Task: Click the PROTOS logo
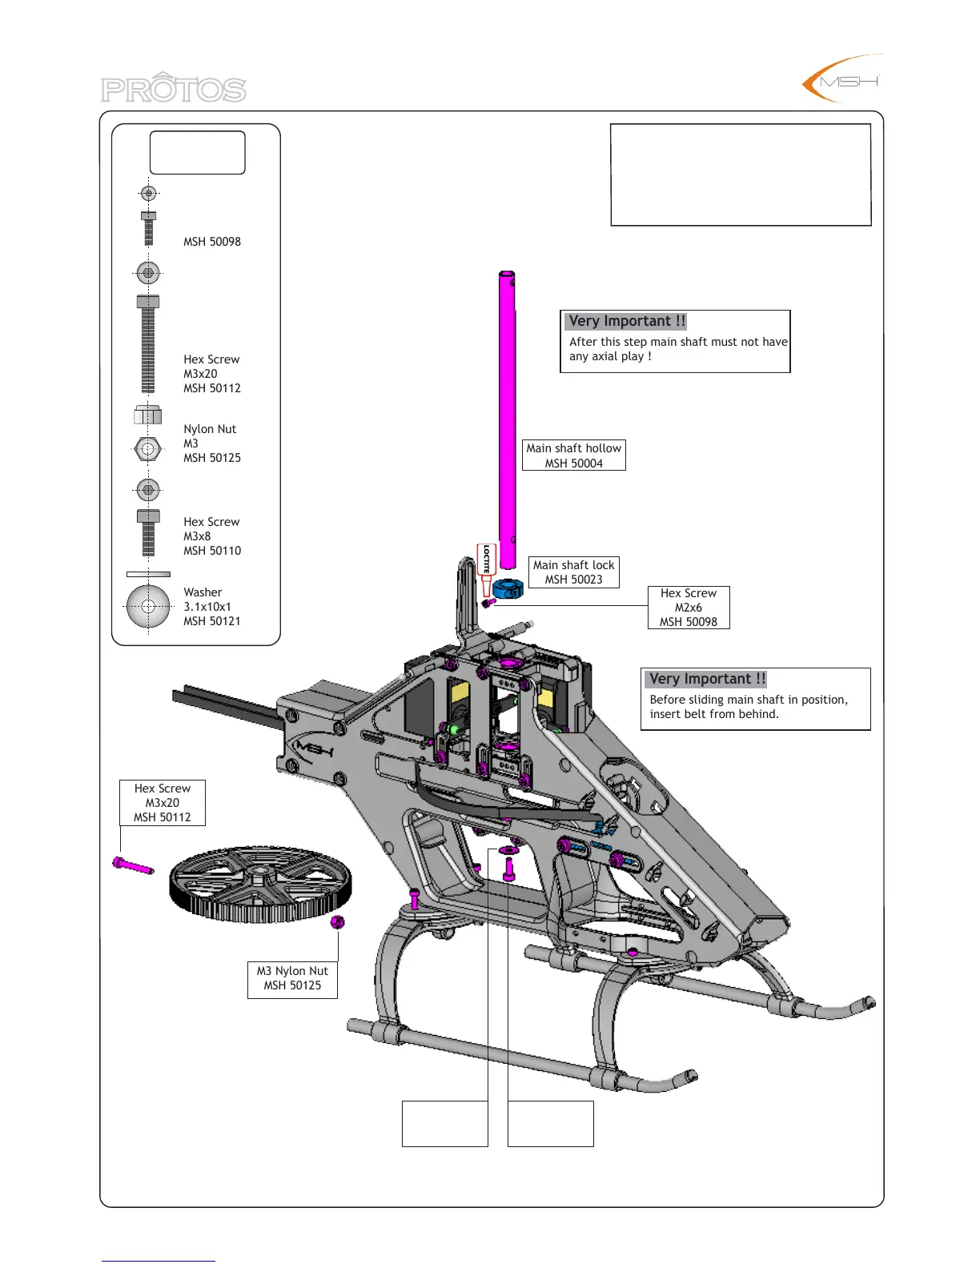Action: coord(174,88)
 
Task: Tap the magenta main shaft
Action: coord(507,408)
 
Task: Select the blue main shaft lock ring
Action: coord(508,589)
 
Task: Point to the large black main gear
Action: coord(260,884)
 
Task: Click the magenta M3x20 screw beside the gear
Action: coord(133,865)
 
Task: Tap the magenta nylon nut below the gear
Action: coord(337,922)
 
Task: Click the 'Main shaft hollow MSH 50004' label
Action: coord(573,455)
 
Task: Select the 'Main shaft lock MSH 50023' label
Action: coord(573,572)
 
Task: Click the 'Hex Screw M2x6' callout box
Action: coord(689,608)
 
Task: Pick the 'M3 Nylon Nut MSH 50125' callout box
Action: coord(292,978)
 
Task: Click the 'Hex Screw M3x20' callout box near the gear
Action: coord(163,803)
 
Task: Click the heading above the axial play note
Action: coord(627,321)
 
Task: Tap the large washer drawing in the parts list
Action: coord(148,607)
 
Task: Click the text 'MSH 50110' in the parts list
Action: coord(212,551)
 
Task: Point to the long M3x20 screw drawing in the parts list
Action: coord(148,345)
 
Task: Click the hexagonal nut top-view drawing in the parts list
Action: coord(147,449)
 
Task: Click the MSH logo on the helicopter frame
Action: coord(313,751)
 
